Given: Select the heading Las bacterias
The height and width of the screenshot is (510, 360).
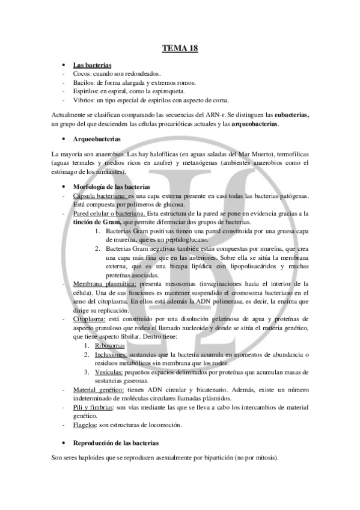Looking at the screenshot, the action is (92, 65).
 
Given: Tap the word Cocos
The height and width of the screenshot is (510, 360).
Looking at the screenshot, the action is (82, 73).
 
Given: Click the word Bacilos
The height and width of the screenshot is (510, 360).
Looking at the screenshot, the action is (83, 82).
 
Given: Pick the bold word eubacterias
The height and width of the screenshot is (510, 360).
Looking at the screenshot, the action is (288, 115).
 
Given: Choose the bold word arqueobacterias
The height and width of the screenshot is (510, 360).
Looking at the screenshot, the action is (255, 124).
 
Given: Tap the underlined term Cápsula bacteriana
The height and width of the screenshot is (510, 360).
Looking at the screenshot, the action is (100, 195).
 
